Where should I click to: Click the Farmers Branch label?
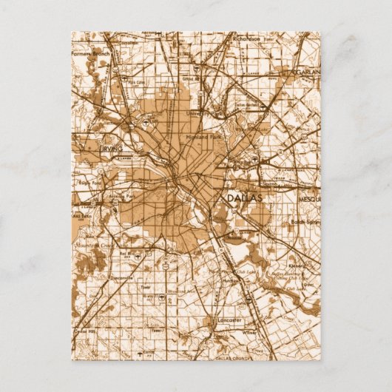coord(89,54)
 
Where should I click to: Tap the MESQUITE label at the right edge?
coord(308,198)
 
